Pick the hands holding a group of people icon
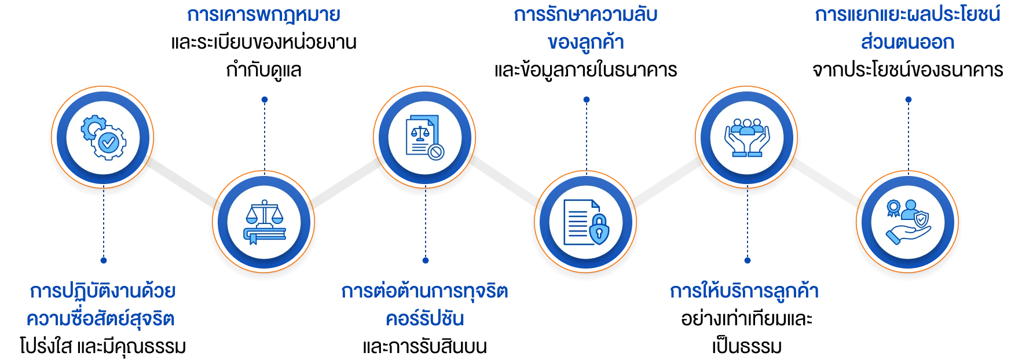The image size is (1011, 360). [746, 138]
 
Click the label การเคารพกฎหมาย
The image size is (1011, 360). [264, 16]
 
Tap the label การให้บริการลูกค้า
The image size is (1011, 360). [745, 291]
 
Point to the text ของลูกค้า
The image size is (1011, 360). [585, 43]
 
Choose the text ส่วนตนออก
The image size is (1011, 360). [907, 43]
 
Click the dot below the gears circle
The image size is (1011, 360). [104, 260]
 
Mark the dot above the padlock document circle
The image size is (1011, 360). [586, 100]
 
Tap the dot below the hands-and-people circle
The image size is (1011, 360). [747, 260]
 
